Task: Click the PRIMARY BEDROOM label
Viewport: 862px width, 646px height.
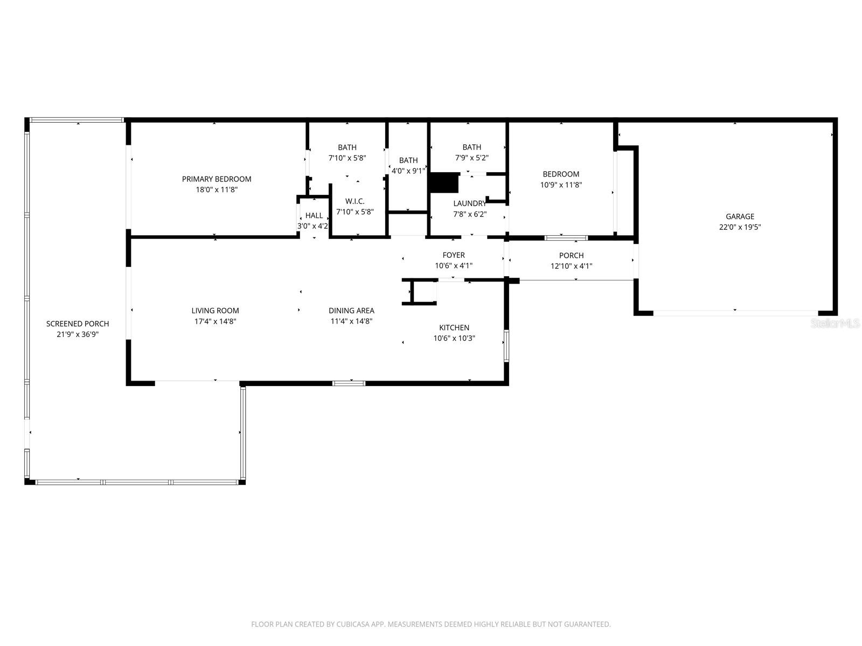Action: tap(216, 179)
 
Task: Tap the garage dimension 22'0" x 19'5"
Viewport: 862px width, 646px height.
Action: tap(740, 227)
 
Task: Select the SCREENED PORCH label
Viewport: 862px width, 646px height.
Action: tap(78, 324)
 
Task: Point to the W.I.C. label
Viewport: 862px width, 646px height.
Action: tap(354, 201)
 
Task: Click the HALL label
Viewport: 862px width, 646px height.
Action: tap(314, 215)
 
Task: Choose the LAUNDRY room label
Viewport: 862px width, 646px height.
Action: tap(469, 203)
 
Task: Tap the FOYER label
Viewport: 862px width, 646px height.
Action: tap(454, 255)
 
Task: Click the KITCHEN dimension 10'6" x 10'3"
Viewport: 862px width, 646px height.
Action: tap(454, 339)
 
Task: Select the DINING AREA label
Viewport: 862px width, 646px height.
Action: tap(351, 311)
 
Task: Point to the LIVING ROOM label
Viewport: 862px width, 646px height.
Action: tap(215, 311)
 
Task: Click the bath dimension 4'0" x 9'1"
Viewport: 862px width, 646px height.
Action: tap(408, 171)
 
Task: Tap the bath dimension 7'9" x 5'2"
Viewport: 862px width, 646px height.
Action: tap(471, 158)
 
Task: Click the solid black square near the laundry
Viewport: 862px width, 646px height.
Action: tap(444, 182)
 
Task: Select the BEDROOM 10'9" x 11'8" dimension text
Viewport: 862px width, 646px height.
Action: tap(561, 185)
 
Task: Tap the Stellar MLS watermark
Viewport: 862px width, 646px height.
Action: tap(835, 323)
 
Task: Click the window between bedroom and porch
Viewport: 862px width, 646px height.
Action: tap(566, 237)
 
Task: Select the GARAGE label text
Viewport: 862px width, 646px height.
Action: tap(740, 216)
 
